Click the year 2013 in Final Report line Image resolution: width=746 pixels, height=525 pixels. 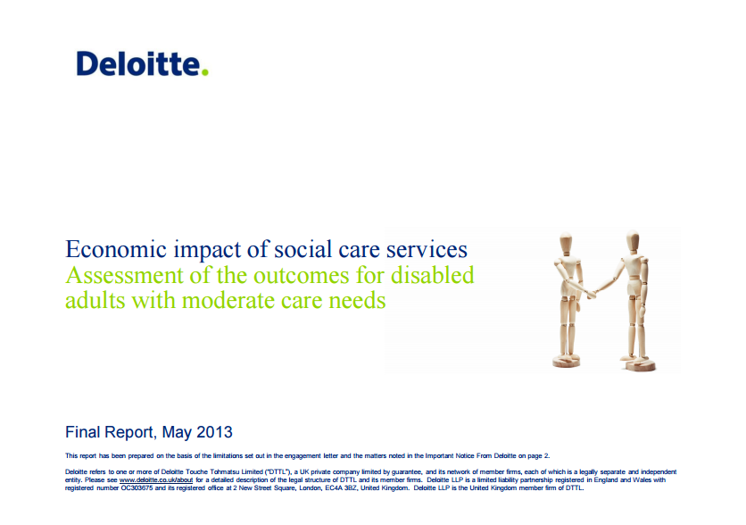click(x=216, y=432)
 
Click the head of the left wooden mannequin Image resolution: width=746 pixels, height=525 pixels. click(x=566, y=242)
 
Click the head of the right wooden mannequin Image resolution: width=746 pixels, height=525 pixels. click(x=632, y=242)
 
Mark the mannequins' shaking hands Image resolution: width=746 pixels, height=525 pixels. click(x=592, y=291)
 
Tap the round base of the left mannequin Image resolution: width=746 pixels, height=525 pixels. click(x=568, y=362)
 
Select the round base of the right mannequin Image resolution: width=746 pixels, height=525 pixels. click(x=639, y=364)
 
